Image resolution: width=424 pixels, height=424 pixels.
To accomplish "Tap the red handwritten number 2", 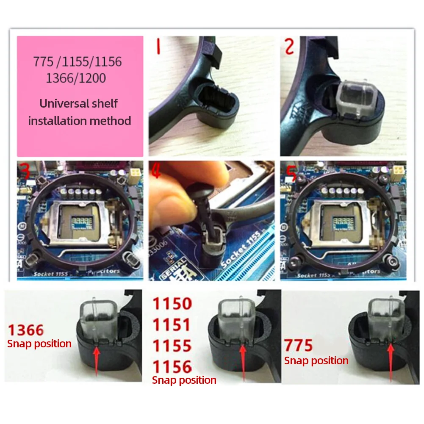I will (x=289, y=46).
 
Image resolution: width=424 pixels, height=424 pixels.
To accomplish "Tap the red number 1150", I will (x=172, y=304).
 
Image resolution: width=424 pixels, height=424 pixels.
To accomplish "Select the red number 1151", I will (x=172, y=325).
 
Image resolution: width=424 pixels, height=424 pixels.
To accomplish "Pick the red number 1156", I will (x=172, y=366).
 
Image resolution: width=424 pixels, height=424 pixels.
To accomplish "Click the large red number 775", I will (x=299, y=346).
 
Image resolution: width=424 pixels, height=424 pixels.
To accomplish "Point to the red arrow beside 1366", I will (x=97, y=360).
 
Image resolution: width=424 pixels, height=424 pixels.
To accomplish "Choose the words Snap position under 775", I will (x=316, y=361).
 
